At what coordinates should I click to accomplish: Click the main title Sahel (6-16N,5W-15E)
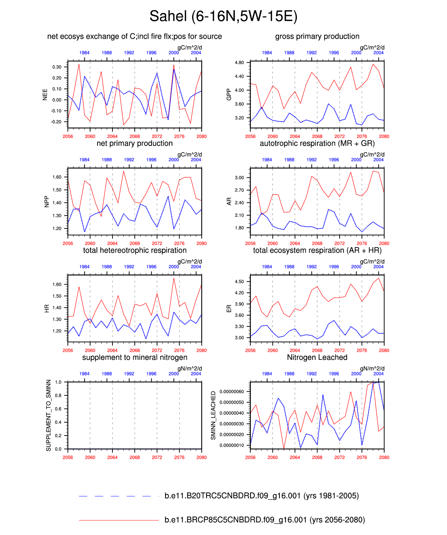click(223, 16)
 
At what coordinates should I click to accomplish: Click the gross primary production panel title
click(317, 36)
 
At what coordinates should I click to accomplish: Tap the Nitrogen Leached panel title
click(317, 358)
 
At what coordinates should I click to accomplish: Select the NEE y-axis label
click(45, 95)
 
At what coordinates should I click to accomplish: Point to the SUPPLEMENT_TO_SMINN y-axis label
click(48, 415)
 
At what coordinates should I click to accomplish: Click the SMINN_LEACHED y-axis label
click(213, 415)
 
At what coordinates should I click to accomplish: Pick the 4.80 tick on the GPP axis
click(240, 63)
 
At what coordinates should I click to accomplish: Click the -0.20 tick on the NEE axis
click(57, 122)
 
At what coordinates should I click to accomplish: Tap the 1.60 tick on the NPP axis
click(57, 177)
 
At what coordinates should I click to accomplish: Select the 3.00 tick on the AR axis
click(240, 178)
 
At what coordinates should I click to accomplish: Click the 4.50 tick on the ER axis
click(240, 282)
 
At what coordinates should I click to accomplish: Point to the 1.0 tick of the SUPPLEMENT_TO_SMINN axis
click(58, 382)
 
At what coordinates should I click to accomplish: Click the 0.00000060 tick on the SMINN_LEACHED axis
click(232, 392)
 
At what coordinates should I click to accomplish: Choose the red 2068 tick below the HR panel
click(135, 350)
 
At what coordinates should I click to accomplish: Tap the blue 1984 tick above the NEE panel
click(84, 53)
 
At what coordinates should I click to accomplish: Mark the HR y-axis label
click(47, 308)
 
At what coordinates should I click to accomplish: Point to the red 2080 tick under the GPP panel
click(384, 136)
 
